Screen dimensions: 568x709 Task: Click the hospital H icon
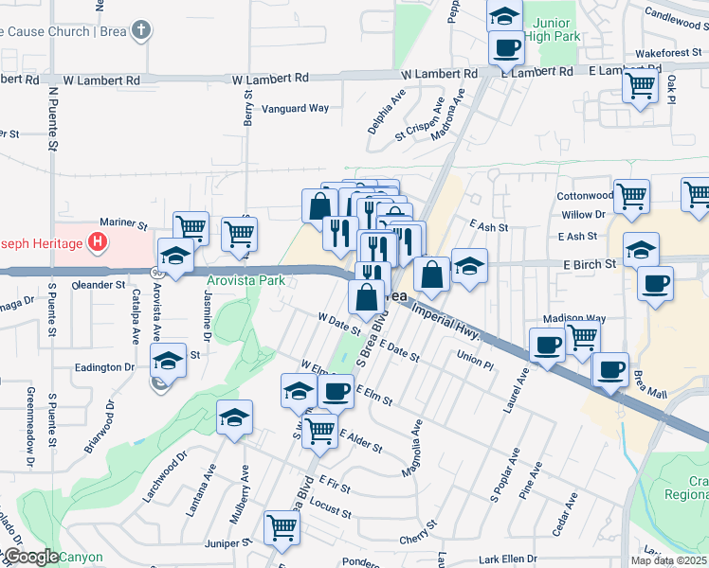97,243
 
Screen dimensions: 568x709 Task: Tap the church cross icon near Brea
141,30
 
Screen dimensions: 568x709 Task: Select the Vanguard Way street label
295,109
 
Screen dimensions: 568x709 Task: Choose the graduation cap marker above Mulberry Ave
235,417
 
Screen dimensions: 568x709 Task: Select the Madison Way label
573,319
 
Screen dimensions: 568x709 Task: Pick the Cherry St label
417,538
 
